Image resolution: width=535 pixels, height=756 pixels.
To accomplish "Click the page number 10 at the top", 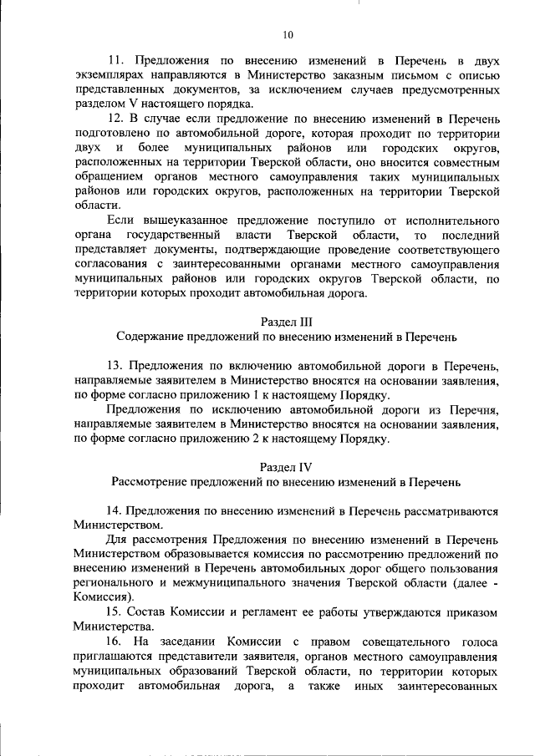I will coord(288,35).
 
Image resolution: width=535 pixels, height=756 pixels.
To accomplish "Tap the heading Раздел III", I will coord(287,322).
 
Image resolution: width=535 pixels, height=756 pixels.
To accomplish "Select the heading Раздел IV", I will coord(286,469).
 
